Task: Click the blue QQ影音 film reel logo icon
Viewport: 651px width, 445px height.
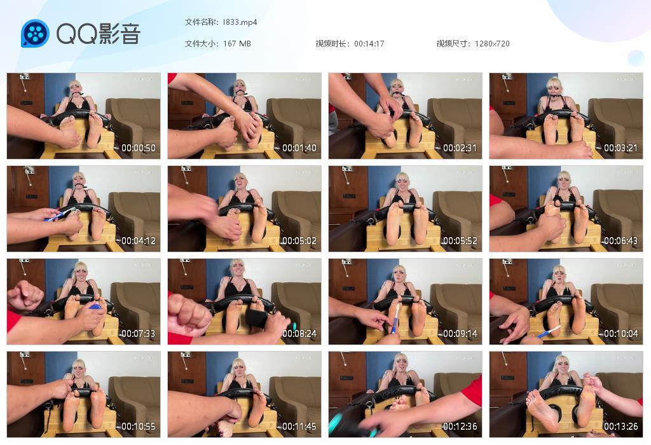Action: pos(35,33)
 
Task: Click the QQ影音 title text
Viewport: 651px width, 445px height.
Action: pos(99,33)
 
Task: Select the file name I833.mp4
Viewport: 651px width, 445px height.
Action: pos(240,22)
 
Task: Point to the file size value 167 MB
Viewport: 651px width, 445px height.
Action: pos(236,44)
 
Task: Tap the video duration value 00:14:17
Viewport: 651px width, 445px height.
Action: pos(369,44)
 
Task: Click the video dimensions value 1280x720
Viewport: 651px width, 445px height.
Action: pos(492,44)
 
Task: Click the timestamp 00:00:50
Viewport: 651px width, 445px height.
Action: pos(139,147)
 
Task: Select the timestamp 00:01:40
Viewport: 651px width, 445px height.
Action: pos(299,147)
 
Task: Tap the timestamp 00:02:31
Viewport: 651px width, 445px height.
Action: pos(460,147)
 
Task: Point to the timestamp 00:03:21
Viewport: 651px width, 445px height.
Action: pos(620,147)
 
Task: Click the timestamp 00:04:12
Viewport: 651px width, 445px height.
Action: pos(139,241)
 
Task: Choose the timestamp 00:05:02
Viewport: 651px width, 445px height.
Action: pos(299,241)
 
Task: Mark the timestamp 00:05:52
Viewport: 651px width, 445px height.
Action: pos(460,241)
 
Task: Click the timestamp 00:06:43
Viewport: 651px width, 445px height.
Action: pos(620,241)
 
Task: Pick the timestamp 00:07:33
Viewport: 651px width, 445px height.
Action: pos(139,334)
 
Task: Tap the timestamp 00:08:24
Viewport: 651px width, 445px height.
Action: pos(299,334)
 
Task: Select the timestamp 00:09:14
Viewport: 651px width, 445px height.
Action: pos(460,334)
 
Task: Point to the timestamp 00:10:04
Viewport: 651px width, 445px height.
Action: pos(620,334)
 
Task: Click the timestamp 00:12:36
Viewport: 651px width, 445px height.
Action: pos(460,427)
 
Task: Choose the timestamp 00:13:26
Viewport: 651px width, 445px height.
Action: pos(620,427)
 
